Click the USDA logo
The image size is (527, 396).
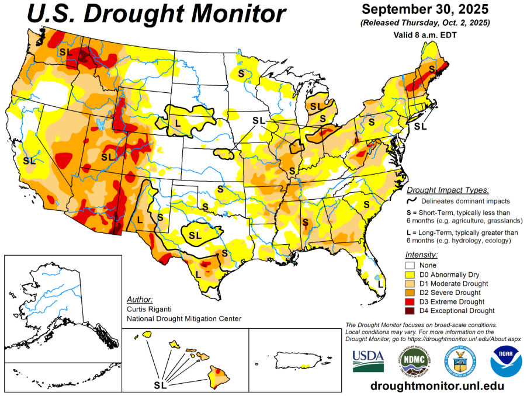(367, 360)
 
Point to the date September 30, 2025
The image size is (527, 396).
(424, 10)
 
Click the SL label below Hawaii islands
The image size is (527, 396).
(160, 385)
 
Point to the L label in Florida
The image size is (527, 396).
(380, 284)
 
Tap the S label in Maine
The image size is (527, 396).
(432, 69)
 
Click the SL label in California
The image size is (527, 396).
(28, 159)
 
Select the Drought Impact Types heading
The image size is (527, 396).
(448, 190)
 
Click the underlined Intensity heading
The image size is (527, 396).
(421, 255)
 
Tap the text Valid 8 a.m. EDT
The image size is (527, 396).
(424, 34)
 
